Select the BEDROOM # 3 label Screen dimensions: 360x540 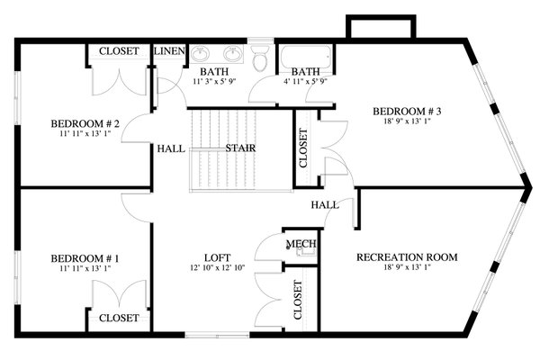407,112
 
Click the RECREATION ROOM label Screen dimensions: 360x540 407,257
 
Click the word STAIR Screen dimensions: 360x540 238,148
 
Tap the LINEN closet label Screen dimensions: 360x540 169,51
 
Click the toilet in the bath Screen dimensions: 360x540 261,59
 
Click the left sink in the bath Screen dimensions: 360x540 200,52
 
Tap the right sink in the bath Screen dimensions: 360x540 232,52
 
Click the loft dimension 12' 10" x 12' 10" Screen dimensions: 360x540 216,267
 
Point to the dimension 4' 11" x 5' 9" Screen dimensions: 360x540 306,82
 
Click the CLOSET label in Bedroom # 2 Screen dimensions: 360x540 119,51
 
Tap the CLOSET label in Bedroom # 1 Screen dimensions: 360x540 119,318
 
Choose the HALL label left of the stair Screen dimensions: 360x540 170,148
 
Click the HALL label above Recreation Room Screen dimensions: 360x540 325,205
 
